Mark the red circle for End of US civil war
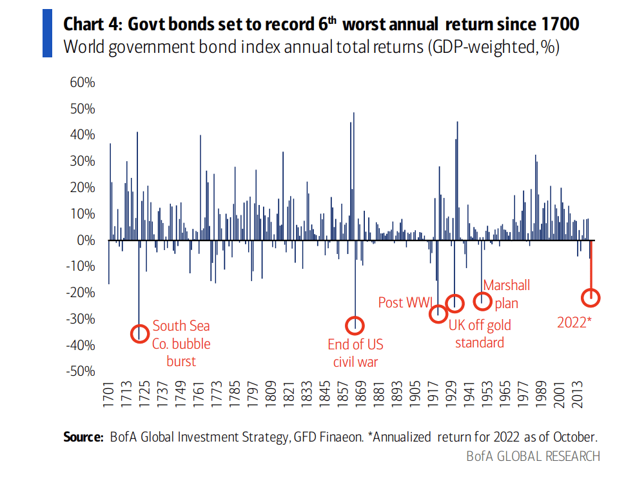(x=355, y=325)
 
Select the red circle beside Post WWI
(x=438, y=314)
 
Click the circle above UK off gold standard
(x=455, y=302)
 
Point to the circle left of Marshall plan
(x=482, y=300)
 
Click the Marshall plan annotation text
(x=507, y=294)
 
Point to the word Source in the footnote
(x=83, y=437)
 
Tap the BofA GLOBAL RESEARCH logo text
(x=533, y=456)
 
